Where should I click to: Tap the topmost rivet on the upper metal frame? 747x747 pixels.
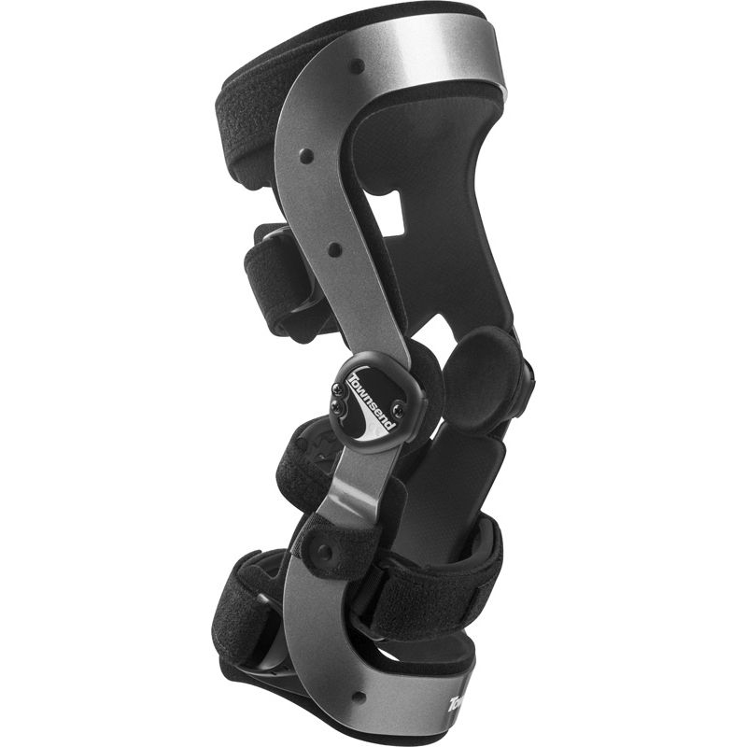tap(356, 67)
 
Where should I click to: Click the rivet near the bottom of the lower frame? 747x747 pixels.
tap(357, 696)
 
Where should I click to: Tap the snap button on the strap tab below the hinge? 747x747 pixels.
tap(324, 552)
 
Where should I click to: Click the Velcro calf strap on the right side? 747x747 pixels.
tap(439, 584)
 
